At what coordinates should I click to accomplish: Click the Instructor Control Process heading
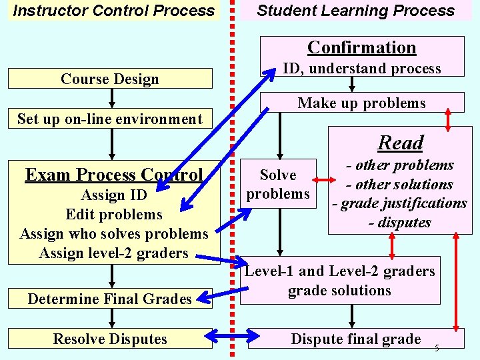click(x=114, y=11)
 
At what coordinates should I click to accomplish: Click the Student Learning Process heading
click(x=356, y=11)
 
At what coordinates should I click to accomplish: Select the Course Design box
click(x=110, y=79)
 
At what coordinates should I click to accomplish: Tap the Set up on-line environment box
click(x=109, y=119)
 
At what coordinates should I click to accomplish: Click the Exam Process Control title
click(x=114, y=175)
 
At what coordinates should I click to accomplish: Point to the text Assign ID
click(x=114, y=195)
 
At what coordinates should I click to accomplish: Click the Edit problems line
click(x=114, y=215)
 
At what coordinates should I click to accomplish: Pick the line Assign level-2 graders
click(x=114, y=253)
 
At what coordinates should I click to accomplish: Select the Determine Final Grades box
click(x=109, y=299)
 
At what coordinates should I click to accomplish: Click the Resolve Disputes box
click(x=110, y=339)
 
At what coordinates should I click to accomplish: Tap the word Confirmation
click(x=362, y=47)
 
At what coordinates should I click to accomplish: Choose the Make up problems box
click(x=362, y=103)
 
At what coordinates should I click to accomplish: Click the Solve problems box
click(x=278, y=184)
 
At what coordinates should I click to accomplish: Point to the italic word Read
click(x=401, y=143)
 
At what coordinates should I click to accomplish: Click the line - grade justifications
click(x=400, y=203)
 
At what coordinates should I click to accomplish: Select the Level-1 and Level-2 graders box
click(x=340, y=281)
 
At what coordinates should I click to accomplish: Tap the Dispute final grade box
click(x=356, y=339)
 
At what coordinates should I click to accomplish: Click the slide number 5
click(x=437, y=348)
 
